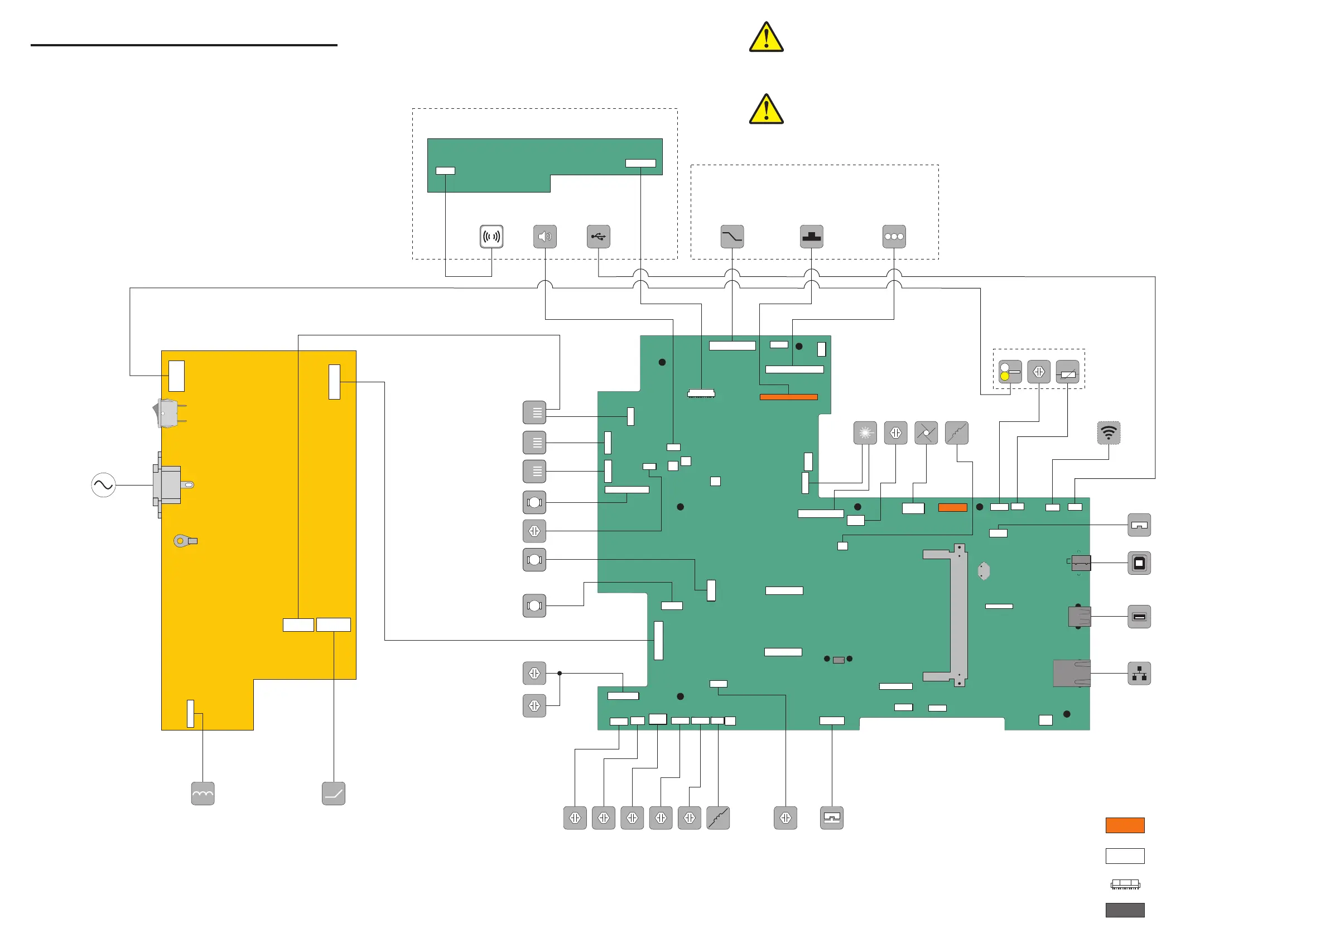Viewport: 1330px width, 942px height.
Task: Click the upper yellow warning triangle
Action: [x=766, y=38]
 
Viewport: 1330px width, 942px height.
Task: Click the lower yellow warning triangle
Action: [x=766, y=109]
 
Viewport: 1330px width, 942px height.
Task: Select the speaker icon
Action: [x=544, y=237]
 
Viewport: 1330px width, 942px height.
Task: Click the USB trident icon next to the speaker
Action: [x=597, y=237]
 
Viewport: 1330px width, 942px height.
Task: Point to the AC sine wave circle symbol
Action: [x=103, y=485]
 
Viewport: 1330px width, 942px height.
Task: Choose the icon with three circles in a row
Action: [x=893, y=237]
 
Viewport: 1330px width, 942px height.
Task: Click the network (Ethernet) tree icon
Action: [x=1139, y=674]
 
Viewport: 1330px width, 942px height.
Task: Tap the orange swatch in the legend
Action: [x=1124, y=825]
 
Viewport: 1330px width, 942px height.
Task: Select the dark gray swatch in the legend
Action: [x=1124, y=910]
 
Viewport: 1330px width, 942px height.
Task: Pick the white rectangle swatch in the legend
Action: [x=1124, y=856]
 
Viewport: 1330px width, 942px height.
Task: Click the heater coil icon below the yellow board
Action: [x=203, y=794]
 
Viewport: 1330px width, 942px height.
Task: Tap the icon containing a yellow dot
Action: [x=1009, y=372]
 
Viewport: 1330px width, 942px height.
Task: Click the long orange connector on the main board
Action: [x=788, y=397]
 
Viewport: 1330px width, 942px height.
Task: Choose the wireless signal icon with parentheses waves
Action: [x=491, y=237]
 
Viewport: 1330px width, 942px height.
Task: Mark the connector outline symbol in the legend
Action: [x=1124, y=884]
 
